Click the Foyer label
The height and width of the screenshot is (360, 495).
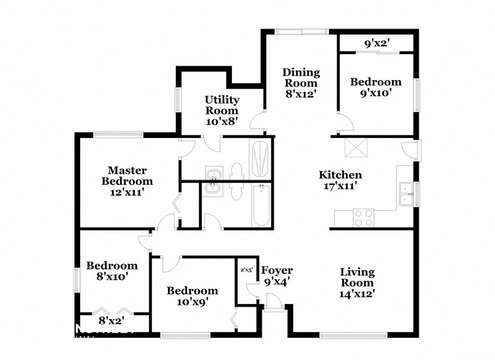[277, 270]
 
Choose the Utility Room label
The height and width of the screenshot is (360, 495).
[222, 105]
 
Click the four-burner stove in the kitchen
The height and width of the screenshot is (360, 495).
[363, 217]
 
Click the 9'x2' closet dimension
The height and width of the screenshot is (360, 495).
[376, 44]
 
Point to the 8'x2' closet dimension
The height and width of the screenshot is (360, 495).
[111, 320]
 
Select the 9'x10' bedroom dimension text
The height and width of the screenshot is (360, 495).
[376, 92]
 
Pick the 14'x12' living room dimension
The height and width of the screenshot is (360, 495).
[357, 293]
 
